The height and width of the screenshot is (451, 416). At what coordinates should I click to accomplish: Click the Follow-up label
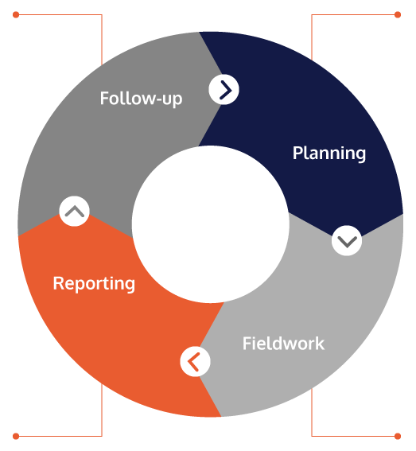click(x=141, y=99)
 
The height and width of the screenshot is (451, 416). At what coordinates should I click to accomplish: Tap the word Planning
click(x=329, y=154)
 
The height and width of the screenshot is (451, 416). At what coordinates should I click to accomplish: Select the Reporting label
click(x=94, y=284)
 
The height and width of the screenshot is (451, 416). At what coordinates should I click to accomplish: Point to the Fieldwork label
click(x=283, y=343)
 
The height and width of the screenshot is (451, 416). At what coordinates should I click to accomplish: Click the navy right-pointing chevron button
click(x=224, y=89)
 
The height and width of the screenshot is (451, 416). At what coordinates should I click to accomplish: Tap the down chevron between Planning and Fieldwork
click(x=347, y=240)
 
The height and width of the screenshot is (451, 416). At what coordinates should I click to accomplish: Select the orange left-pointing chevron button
click(x=195, y=361)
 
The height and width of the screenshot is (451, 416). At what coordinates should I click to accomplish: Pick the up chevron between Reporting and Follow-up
click(x=74, y=211)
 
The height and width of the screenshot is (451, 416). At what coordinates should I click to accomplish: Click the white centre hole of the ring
click(x=210, y=224)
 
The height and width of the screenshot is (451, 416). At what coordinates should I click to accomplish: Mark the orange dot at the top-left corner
click(x=16, y=14)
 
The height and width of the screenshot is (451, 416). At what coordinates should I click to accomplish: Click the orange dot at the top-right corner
click(x=398, y=14)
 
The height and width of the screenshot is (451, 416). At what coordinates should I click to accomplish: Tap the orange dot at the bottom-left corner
click(x=16, y=436)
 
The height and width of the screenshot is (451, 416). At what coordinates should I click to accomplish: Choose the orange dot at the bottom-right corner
click(x=398, y=436)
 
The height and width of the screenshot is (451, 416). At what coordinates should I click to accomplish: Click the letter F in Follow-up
click(x=104, y=98)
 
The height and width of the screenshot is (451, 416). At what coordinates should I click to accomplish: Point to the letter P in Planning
click(x=297, y=153)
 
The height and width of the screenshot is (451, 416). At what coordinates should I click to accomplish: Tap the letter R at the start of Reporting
click(x=58, y=283)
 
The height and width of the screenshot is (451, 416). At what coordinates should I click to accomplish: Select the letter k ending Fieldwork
click(x=320, y=343)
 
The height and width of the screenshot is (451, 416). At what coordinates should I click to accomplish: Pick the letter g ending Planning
click(x=361, y=156)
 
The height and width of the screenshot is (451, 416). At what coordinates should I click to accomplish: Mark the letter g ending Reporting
click(x=130, y=286)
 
